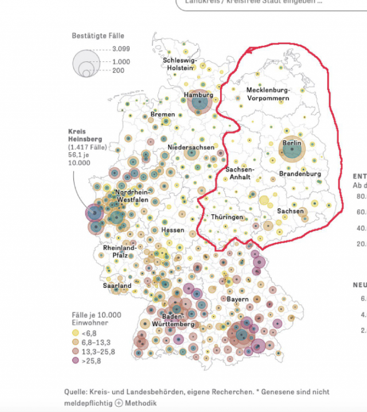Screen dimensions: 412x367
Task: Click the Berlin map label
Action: pyautogui.click(x=291, y=143)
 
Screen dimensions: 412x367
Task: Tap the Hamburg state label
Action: pyautogui.click(x=198, y=95)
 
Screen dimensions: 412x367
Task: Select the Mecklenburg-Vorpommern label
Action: pyautogui.click(x=268, y=94)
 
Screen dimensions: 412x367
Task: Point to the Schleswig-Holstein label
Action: pyautogui.click(x=180, y=64)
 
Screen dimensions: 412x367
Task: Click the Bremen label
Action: pyautogui.click(x=163, y=114)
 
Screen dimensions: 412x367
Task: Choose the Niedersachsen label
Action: pyautogui.click(x=191, y=148)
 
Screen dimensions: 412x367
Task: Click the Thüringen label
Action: pyautogui.click(x=227, y=217)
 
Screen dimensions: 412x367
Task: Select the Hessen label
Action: pyautogui.click(x=173, y=230)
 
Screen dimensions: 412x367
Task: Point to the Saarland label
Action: pyautogui.click(x=117, y=286)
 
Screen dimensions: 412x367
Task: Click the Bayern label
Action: pyautogui.click(x=237, y=299)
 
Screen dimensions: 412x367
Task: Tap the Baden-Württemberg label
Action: pyautogui.click(x=173, y=320)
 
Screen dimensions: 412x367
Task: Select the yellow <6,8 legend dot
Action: pyautogui.click(x=75, y=333)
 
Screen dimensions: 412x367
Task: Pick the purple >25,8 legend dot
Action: pyautogui.click(x=75, y=361)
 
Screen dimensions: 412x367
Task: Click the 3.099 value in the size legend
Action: pyautogui.click(x=122, y=49)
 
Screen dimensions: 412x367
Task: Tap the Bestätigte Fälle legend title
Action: pyautogui.click(x=98, y=36)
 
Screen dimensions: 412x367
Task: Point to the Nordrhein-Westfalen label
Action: pyautogui.click(x=132, y=196)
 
